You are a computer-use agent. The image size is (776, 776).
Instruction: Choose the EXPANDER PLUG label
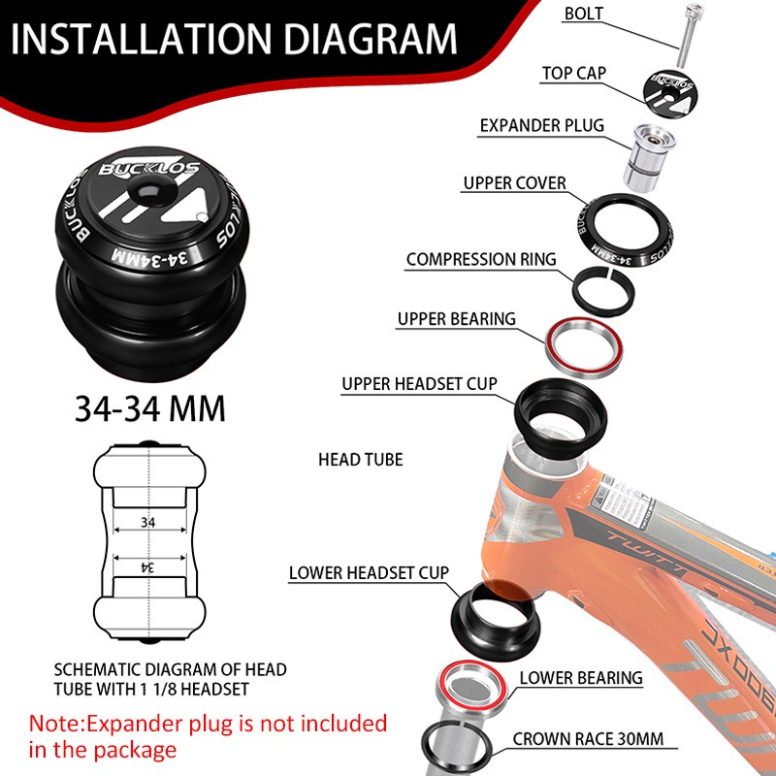pyautogui.click(x=542, y=126)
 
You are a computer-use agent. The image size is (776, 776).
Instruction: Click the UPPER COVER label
pyautogui.click(x=514, y=182)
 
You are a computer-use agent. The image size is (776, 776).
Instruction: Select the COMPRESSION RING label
pyautogui.click(x=481, y=259)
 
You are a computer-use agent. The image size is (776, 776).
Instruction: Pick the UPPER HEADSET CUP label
pyautogui.click(x=419, y=384)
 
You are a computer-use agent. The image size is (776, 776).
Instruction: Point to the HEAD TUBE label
pyautogui.click(x=360, y=459)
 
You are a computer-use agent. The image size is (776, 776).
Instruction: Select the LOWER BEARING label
pyautogui.click(x=581, y=678)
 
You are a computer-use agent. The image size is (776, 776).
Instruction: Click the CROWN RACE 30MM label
pyautogui.click(x=589, y=739)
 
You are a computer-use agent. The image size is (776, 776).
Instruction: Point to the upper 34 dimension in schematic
pyautogui.click(x=147, y=522)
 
